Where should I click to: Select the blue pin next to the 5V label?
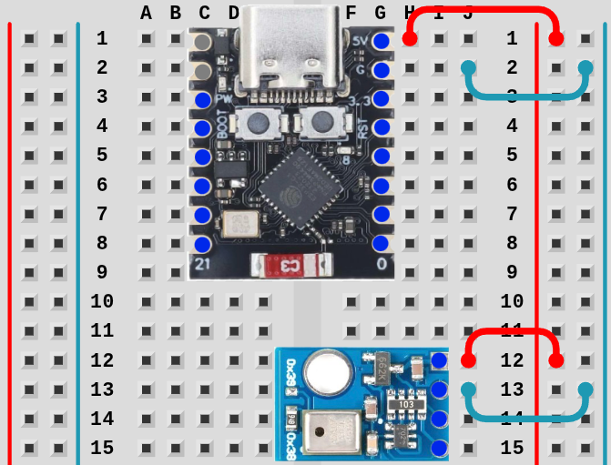coord(382,41)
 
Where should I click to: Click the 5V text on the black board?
coord(360,41)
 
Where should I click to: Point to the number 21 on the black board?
coord(203,265)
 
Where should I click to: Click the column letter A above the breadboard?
coord(147,13)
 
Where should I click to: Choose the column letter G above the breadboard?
coord(380,13)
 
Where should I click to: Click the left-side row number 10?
coord(102,301)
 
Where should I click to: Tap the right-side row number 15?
coord(512,448)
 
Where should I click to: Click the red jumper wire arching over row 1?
coord(483,12)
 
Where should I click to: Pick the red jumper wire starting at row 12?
coord(512,333)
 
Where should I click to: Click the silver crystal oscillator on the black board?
coord(239,225)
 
